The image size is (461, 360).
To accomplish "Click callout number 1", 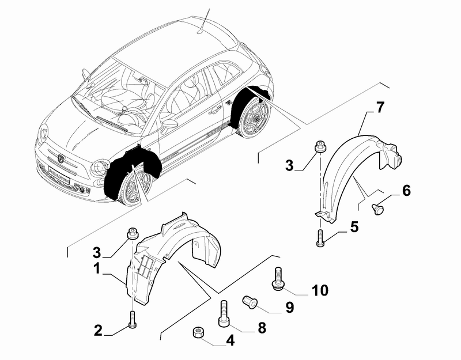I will pyautogui.click(x=97, y=268).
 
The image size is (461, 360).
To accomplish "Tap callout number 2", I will pyautogui.click(x=98, y=331).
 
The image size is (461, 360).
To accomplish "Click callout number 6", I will pyautogui.click(x=406, y=190).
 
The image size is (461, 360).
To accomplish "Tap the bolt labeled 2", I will pyautogui.click(x=133, y=318).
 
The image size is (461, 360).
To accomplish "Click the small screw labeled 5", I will pyautogui.click(x=319, y=238).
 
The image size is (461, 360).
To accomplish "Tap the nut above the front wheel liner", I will pyautogui.click(x=132, y=234).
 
